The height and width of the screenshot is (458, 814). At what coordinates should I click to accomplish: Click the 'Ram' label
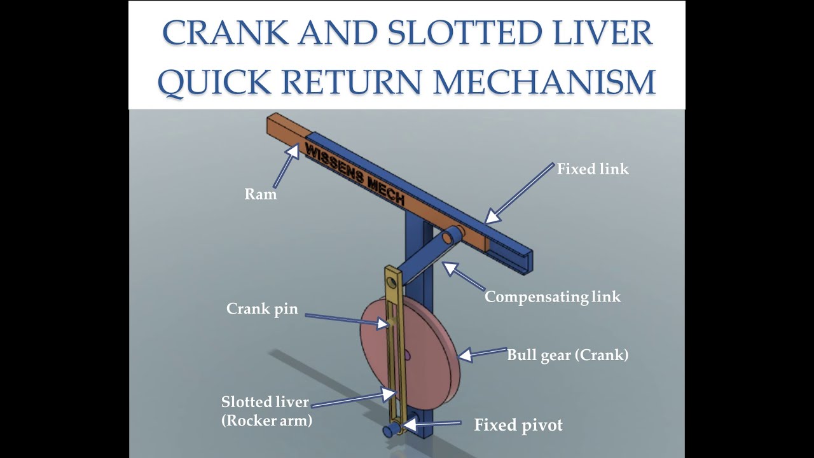point(260,195)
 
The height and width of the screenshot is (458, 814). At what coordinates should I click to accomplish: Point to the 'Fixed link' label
point(593,169)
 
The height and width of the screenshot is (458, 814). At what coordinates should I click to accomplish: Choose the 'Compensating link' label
point(552,296)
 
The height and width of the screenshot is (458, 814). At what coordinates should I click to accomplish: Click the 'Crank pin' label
point(262,309)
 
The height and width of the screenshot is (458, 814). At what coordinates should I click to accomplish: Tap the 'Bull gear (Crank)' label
point(567,355)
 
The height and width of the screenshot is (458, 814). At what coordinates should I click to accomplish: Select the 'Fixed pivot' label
point(518,425)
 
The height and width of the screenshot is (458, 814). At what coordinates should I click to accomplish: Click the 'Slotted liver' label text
point(265,402)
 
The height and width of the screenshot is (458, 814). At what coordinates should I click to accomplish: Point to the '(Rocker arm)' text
point(266,420)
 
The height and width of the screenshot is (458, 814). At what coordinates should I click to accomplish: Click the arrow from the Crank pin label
point(347,317)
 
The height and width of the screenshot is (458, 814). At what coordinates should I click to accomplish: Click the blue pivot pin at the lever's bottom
point(388,431)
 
